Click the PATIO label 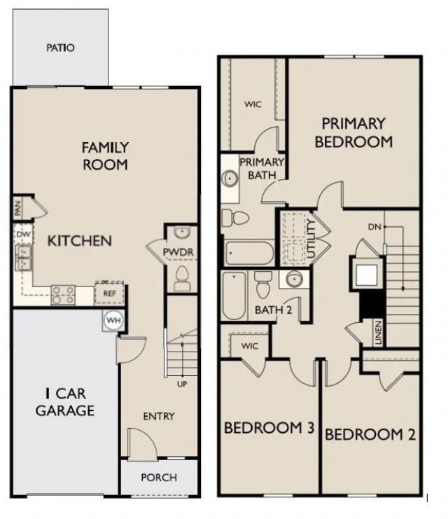(x=60, y=48)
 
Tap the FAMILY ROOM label (x=105, y=156)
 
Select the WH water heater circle (x=112, y=320)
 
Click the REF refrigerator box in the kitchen (x=109, y=293)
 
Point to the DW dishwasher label (x=22, y=235)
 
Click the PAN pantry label (x=17, y=208)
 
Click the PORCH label (x=159, y=478)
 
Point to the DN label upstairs (x=374, y=227)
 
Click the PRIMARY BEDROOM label (x=353, y=132)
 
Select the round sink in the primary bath (x=229, y=179)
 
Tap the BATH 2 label (x=274, y=310)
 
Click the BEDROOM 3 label (x=268, y=428)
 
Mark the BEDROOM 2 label (x=370, y=434)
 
